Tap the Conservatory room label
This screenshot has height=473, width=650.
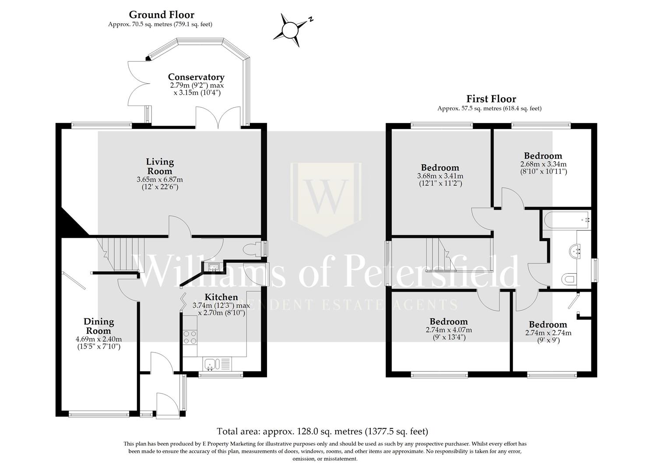coord(196,77)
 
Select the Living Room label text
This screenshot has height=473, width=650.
coord(160,166)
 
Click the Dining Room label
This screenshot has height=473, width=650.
coord(99,326)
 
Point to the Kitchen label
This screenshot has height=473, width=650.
coord(221,297)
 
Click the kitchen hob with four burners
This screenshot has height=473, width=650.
coord(190,337)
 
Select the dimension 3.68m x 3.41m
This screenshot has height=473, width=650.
coord(440,176)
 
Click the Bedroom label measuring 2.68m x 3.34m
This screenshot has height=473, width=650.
coord(543,156)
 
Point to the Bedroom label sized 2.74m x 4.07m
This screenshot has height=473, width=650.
coord(448,321)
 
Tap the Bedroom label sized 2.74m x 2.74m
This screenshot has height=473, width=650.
coord(548,325)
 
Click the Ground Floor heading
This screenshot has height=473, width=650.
coord(162,15)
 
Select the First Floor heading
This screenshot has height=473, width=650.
coord(491,99)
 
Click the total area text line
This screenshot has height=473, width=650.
coord(322,431)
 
